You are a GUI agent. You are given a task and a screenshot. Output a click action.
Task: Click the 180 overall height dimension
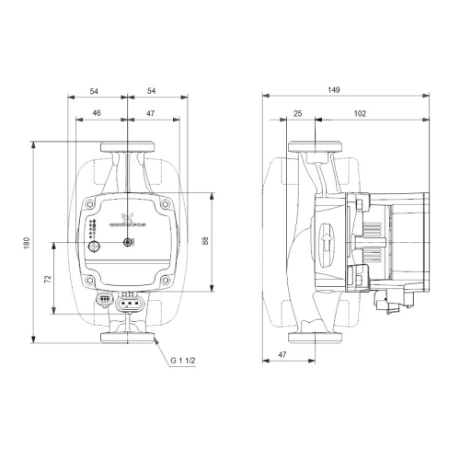click(x=28, y=241)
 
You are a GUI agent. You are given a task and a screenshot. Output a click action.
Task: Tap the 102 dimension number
click(x=360, y=113)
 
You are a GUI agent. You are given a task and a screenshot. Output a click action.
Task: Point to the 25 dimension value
click(x=296, y=113)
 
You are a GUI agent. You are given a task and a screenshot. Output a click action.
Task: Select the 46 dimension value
click(x=97, y=113)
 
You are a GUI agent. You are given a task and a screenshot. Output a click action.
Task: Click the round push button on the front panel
click(x=129, y=243)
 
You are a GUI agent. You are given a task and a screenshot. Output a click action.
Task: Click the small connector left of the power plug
click(x=105, y=300)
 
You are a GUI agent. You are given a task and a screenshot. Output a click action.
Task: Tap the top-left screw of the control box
click(x=89, y=207)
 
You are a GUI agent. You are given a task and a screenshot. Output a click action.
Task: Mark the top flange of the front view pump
click(x=125, y=146)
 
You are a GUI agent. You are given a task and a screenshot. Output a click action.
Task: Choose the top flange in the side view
click(x=315, y=147)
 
